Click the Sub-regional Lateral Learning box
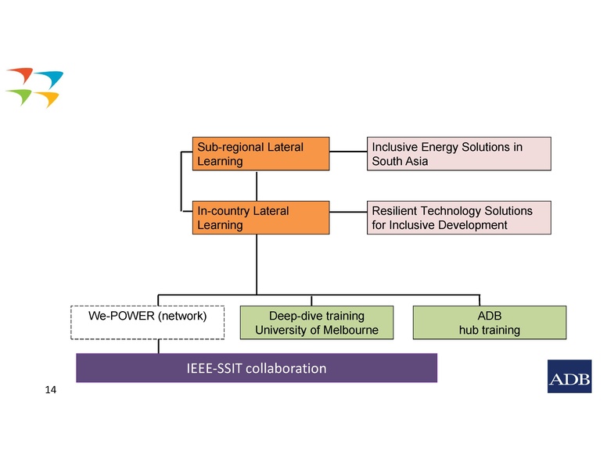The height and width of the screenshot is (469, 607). click(261, 154)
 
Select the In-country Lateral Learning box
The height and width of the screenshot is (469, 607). click(261, 218)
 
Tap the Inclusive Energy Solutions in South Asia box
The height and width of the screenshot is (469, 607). click(459, 154)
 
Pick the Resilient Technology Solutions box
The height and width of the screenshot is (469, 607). click(459, 218)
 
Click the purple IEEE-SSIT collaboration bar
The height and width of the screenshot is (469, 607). click(256, 367)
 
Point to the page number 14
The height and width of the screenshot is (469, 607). click(51, 388)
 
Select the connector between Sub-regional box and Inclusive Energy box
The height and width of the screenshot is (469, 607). click(348, 151)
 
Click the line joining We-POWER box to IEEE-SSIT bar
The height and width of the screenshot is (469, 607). click(159, 346)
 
